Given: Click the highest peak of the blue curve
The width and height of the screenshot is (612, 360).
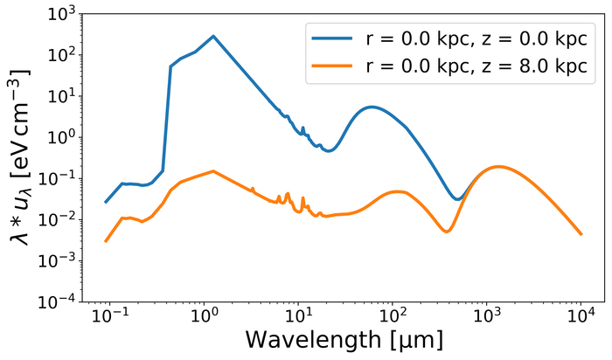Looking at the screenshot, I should pyautogui.click(x=212, y=36).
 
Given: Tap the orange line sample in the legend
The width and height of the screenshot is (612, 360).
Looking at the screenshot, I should pyautogui.click(x=332, y=66).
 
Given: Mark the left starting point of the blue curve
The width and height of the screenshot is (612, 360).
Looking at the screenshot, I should pyautogui.click(x=106, y=202).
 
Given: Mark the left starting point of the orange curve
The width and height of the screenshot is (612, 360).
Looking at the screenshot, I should pyautogui.click(x=106, y=241).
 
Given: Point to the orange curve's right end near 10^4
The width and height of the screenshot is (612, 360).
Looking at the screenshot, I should pyautogui.click(x=581, y=233).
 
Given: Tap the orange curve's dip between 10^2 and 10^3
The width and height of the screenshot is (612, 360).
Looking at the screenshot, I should pyautogui.click(x=447, y=232).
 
